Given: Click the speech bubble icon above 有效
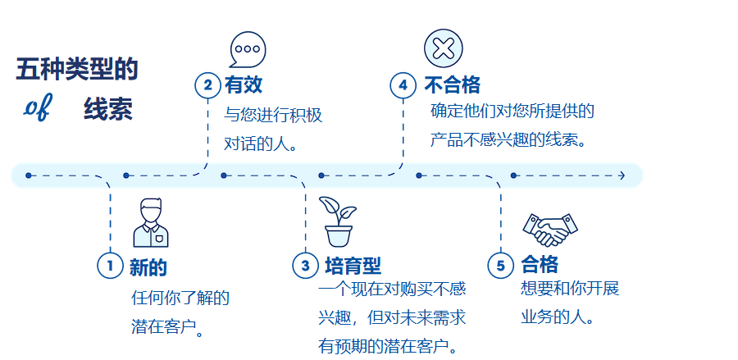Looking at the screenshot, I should click(x=248, y=49).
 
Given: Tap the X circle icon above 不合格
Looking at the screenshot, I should click(x=444, y=48).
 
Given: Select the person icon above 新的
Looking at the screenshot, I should click(x=150, y=222).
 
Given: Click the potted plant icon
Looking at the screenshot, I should click(x=338, y=221).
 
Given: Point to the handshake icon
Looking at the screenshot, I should click(x=549, y=229).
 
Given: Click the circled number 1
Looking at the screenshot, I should click(x=109, y=265).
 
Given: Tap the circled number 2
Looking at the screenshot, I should click(x=207, y=84).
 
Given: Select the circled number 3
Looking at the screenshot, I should click(x=305, y=265).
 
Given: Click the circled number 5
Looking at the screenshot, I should click(x=501, y=265).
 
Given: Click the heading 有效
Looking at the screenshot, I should click(x=244, y=85).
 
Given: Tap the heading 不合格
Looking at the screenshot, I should click(x=452, y=85).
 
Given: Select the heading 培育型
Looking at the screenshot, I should click(x=353, y=266).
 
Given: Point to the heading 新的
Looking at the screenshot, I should click(x=148, y=266).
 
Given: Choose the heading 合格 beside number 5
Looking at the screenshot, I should click(x=540, y=265).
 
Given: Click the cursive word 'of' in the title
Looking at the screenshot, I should click(x=37, y=109).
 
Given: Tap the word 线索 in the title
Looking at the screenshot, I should click(x=107, y=111).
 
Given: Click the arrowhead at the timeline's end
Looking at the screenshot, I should click(x=622, y=175).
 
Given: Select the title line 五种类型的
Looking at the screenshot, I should click(x=77, y=71).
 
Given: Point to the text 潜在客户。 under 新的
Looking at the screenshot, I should click(x=168, y=327).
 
